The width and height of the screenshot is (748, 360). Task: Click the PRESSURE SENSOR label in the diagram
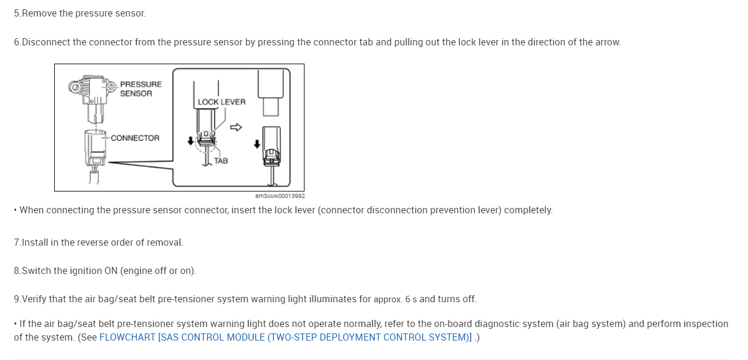point(140,88)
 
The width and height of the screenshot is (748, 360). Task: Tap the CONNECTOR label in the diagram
point(135,138)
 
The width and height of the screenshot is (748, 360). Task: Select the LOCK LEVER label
point(221,102)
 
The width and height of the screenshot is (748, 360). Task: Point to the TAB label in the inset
point(221,161)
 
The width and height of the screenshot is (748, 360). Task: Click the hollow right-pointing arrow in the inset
point(236,127)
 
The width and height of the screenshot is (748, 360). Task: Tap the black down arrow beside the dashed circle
point(190,141)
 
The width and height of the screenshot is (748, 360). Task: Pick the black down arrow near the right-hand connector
point(257,144)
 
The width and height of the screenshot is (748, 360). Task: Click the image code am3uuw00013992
point(280,196)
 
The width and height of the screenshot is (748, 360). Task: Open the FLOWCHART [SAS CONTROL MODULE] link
point(285,338)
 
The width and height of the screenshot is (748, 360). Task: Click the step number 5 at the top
point(16,13)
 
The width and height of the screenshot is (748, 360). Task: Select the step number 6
point(16,42)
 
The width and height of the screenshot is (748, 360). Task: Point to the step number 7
point(16,242)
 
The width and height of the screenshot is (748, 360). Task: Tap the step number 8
point(16,270)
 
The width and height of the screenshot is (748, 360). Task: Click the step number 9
point(16,299)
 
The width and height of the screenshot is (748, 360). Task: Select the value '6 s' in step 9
point(411,299)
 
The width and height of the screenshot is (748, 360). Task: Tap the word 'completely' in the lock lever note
point(528,210)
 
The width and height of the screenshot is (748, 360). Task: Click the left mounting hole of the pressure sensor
point(75,88)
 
